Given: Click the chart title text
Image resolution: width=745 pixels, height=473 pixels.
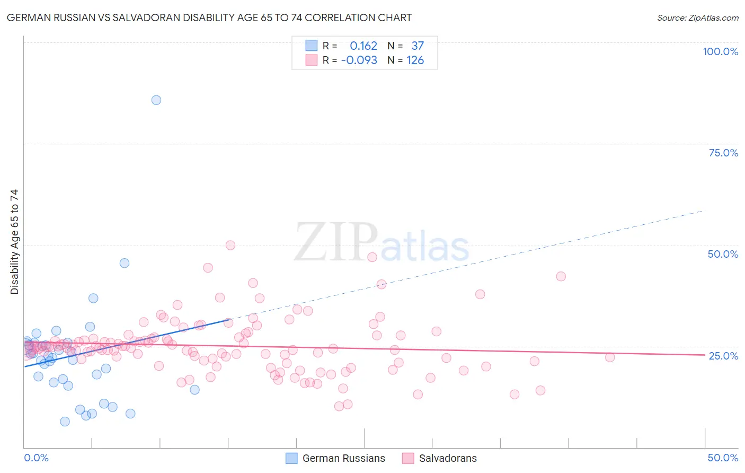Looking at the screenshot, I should click(209, 17).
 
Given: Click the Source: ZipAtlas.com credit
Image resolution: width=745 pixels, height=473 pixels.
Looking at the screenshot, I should click(697, 17).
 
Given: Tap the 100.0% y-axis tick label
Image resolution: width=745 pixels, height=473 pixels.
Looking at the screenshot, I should click(720, 51).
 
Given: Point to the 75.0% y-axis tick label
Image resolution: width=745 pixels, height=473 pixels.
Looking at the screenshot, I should click(723, 153).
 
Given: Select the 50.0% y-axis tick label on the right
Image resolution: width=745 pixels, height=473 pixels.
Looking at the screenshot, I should click(723, 254).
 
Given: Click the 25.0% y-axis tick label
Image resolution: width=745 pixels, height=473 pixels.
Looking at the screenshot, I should click(723, 355).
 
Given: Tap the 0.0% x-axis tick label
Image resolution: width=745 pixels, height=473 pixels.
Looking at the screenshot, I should click(36, 458).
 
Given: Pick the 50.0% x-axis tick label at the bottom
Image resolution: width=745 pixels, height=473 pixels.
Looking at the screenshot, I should click(723, 458).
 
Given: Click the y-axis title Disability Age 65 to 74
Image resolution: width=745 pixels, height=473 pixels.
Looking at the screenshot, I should click(14, 242).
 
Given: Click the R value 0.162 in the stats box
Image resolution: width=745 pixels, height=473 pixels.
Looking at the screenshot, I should click(363, 46).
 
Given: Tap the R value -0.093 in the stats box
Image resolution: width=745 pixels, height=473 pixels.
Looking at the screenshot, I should click(359, 60).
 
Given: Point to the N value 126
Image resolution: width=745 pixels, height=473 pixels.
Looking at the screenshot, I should click(415, 60).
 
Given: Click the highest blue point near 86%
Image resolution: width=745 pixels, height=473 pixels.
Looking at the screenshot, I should click(156, 100).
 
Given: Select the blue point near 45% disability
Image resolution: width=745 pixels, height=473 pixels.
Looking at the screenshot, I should click(125, 263).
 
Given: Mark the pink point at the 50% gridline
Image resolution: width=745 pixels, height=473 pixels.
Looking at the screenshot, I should click(230, 245).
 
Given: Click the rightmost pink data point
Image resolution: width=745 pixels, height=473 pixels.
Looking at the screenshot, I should click(610, 357).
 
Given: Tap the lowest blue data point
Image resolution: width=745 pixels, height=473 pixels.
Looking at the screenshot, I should click(65, 422).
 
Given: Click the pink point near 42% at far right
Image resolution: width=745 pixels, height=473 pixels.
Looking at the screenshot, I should click(561, 276).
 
